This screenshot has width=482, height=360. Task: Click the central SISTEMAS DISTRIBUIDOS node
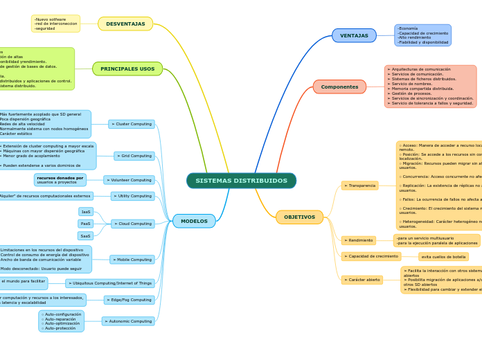click(x=241, y=181)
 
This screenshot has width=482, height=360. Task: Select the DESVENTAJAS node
click(x=125, y=24)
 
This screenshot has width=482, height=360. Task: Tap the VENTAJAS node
click(x=354, y=35)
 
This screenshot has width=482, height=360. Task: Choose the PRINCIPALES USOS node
click(x=127, y=69)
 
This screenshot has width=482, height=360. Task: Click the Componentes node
click(x=339, y=87)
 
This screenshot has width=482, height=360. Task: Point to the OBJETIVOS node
click(x=299, y=217)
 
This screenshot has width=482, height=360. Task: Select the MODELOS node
click(x=194, y=221)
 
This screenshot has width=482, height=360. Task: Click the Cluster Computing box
click(x=132, y=124)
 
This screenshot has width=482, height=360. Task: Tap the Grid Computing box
click(x=134, y=156)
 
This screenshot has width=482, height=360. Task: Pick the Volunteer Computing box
click(x=130, y=180)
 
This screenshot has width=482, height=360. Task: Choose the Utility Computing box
click(x=132, y=196)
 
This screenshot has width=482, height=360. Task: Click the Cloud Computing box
click(x=133, y=224)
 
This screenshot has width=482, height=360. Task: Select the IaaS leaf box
click(x=86, y=212)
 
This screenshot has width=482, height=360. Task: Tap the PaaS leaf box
click(x=86, y=224)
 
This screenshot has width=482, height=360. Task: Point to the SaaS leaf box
click(x=86, y=236)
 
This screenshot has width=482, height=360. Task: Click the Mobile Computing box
click(x=132, y=260)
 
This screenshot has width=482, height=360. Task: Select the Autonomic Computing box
click(x=128, y=321)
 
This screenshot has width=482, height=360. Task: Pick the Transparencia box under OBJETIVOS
click(x=360, y=186)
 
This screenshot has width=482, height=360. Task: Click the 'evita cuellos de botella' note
click(x=443, y=257)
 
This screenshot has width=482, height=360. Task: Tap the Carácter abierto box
click(x=362, y=280)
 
